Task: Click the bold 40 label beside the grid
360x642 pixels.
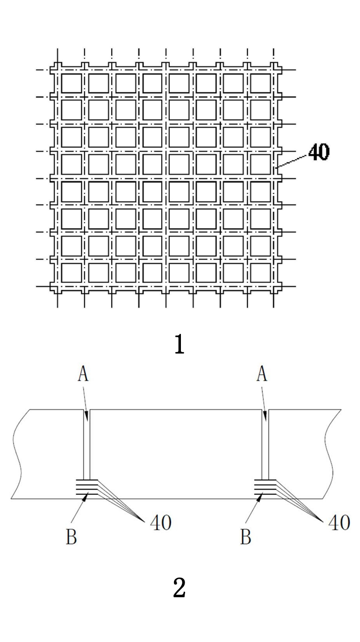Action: (x=319, y=151)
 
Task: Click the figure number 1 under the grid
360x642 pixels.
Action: (x=180, y=344)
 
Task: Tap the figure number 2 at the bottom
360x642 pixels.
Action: (x=180, y=588)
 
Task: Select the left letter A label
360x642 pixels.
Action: (x=83, y=374)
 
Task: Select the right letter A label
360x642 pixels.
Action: (x=262, y=374)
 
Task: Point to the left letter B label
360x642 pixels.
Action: (x=72, y=536)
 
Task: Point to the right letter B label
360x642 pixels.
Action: (x=246, y=536)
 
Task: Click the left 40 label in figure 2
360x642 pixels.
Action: (x=161, y=522)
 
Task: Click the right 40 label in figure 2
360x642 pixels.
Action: (x=339, y=522)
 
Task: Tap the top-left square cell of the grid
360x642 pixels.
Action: (x=72, y=84)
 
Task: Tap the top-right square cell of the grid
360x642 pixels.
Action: (x=261, y=84)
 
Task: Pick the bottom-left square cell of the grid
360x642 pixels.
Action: (x=72, y=273)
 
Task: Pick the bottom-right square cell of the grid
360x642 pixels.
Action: (x=261, y=273)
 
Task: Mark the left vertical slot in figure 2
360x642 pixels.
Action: (x=87, y=444)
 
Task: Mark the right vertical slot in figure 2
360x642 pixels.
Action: (x=265, y=444)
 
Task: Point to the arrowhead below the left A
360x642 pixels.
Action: (x=87, y=415)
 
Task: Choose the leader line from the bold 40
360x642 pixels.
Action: (x=292, y=161)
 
